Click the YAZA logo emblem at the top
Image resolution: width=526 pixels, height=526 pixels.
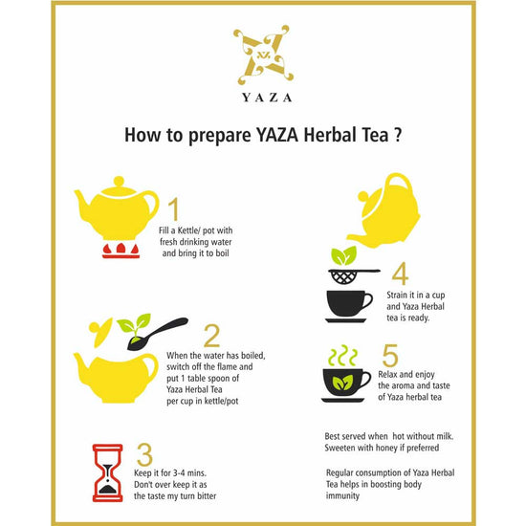[x=263, y=55]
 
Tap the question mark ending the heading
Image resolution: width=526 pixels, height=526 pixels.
[x=398, y=135]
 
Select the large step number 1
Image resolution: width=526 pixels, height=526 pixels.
[x=173, y=208]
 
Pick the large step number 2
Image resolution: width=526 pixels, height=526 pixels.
[x=212, y=336]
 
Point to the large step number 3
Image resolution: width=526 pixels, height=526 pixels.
[x=144, y=454]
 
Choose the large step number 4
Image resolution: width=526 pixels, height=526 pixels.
[x=400, y=274]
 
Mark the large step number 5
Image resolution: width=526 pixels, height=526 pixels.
[x=390, y=355]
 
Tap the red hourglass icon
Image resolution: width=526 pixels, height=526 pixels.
[x=108, y=472]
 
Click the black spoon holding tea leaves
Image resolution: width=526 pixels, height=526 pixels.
[x=157, y=334]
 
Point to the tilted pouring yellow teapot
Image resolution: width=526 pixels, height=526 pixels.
[x=384, y=211]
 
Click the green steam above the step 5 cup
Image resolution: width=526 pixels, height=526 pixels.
[x=341, y=356]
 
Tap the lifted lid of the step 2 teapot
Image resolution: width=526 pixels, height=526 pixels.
[x=100, y=331]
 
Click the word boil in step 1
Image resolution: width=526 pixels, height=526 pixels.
[x=222, y=252]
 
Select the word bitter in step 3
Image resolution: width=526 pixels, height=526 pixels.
[x=207, y=495]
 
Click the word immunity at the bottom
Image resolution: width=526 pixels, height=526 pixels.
[x=342, y=495]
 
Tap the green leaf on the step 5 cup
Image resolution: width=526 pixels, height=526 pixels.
[x=342, y=383]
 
